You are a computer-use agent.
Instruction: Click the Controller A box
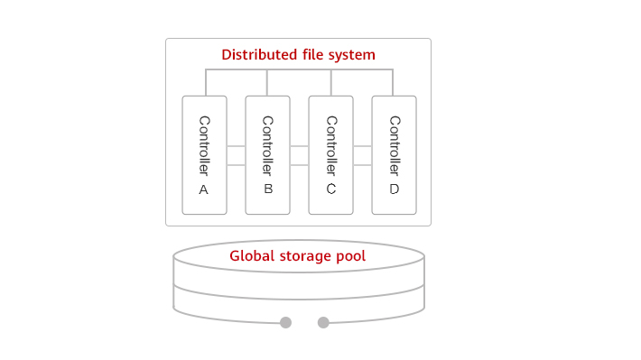click(x=204, y=155)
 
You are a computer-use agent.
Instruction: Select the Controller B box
click(x=267, y=155)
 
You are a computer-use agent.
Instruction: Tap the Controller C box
click(x=330, y=155)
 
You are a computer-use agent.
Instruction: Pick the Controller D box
click(x=394, y=155)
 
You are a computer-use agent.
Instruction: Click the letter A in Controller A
click(x=203, y=189)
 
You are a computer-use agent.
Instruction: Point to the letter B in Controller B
click(x=267, y=189)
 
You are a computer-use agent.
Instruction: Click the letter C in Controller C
click(x=330, y=189)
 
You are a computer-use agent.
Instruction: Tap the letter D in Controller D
click(x=394, y=189)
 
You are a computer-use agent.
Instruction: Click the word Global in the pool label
click(x=250, y=255)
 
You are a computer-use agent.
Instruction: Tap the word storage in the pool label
click(x=302, y=255)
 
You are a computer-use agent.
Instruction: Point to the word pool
click(x=350, y=255)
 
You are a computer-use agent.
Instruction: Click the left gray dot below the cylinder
click(x=285, y=322)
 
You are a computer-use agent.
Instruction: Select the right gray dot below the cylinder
click(x=323, y=322)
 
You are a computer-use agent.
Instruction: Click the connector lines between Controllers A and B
click(x=236, y=155)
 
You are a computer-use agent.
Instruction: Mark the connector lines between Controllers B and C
click(x=299, y=155)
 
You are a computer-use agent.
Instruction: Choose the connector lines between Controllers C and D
click(x=362, y=155)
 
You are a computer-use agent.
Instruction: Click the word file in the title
click(x=311, y=55)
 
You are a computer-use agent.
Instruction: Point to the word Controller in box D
click(x=394, y=144)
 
